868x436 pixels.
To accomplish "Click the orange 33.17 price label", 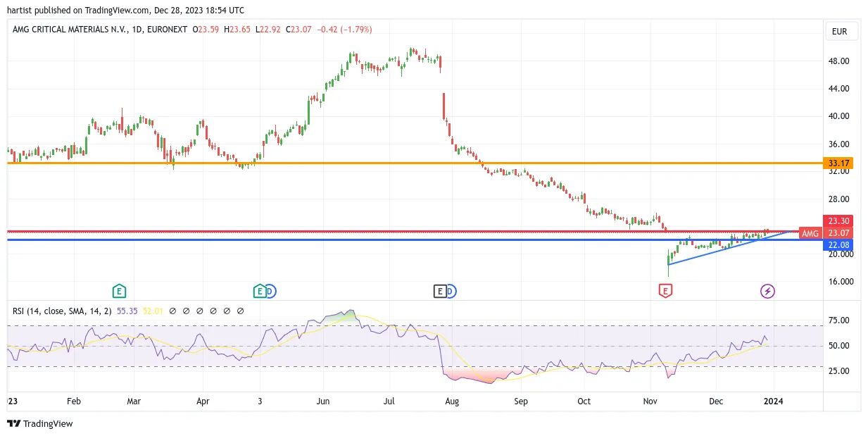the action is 838,163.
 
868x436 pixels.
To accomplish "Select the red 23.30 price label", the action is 838,221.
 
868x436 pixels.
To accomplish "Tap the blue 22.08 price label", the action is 838,245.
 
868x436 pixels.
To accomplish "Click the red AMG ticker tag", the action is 810,233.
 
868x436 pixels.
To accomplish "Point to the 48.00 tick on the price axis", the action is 838,61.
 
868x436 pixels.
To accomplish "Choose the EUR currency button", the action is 839,32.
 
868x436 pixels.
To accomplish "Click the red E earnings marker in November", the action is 665,291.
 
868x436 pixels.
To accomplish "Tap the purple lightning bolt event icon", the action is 767,291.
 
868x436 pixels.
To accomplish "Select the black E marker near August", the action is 440,291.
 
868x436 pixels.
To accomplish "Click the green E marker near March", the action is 119,291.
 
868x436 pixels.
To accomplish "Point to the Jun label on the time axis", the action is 323,401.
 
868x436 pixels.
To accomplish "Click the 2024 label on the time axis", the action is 773,401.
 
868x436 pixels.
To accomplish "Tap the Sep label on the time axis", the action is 521,401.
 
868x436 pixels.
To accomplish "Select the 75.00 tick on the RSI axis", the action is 838,320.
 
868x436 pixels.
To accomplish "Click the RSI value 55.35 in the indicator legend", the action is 127,311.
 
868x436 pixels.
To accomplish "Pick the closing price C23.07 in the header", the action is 298,30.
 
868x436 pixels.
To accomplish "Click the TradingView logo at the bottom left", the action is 40,423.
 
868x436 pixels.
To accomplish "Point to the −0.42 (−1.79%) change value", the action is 344,30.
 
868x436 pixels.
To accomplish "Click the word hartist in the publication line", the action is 20,11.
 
